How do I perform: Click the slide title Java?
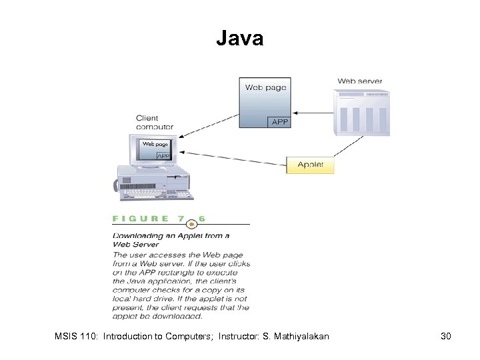239,39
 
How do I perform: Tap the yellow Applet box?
310,165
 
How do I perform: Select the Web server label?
360,81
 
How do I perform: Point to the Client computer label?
155,122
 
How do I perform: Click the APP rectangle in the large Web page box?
279,121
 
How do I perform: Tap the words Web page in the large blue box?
265,87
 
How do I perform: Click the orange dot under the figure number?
192,225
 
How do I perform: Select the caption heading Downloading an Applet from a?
171,235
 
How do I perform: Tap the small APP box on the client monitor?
162,155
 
